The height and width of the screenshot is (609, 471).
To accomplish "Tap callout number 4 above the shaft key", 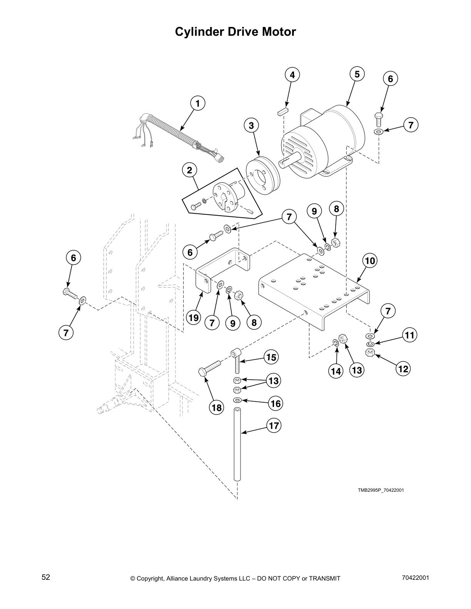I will (x=292, y=75).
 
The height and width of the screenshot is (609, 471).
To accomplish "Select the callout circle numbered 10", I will (x=369, y=261).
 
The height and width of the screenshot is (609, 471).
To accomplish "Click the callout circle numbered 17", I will (x=274, y=426).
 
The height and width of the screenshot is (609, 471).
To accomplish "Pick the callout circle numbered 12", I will (x=403, y=369).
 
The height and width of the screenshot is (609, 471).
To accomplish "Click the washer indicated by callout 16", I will (x=237, y=401).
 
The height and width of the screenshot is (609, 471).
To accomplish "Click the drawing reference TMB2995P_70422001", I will (x=381, y=490).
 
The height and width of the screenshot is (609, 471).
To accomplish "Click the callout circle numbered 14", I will (x=336, y=371).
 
